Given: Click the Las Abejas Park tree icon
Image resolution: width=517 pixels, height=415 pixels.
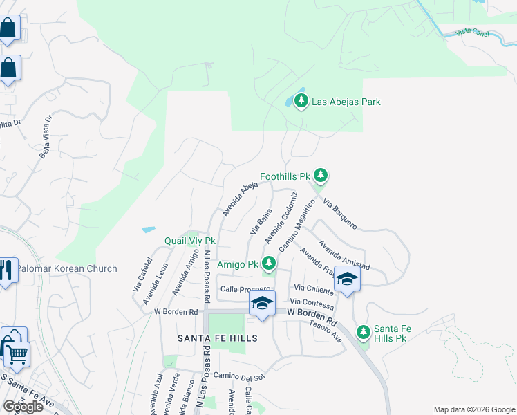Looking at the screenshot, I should click(301, 102).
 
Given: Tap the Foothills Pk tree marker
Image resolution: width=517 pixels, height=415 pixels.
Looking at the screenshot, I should click(320, 176).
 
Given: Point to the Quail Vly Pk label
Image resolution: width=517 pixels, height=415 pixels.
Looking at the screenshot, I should click(190, 241).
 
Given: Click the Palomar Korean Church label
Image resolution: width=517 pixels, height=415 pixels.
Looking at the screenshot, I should click(67, 268).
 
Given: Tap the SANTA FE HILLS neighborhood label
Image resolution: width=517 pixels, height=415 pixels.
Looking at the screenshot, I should click(217, 338).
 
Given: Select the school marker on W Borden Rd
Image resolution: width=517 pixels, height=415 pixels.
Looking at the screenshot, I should click(262, 304).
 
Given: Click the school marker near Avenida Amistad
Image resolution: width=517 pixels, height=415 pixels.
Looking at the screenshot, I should click(347, 279).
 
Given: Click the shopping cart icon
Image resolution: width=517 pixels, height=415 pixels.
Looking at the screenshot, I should click(17, 354).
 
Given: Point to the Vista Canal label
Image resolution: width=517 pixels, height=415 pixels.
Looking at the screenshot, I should click(473, 33).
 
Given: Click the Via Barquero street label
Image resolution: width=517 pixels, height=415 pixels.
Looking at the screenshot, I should click(340, 214).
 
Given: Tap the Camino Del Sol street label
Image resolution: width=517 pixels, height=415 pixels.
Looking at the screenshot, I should click(239, 376).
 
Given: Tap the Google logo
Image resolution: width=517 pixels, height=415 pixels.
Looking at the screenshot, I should click(23, 407).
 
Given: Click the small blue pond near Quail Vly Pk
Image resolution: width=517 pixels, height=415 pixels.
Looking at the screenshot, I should click(148, 229).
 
